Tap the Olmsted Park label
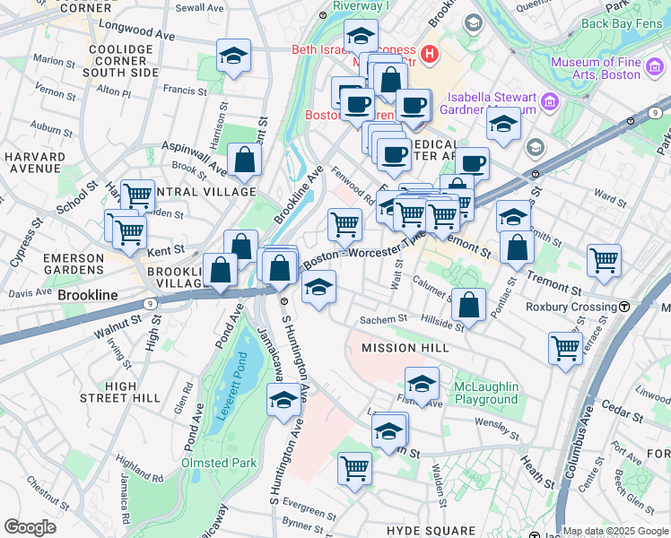pos(219,464)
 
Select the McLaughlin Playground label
pos(487,393)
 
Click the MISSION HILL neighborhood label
pos(401,348)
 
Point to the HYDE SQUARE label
pos(431,531)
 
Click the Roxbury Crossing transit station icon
pos(623,307)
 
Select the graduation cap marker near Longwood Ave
pos(233,56)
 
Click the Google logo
pos(30,527)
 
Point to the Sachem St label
pos(383,318)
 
